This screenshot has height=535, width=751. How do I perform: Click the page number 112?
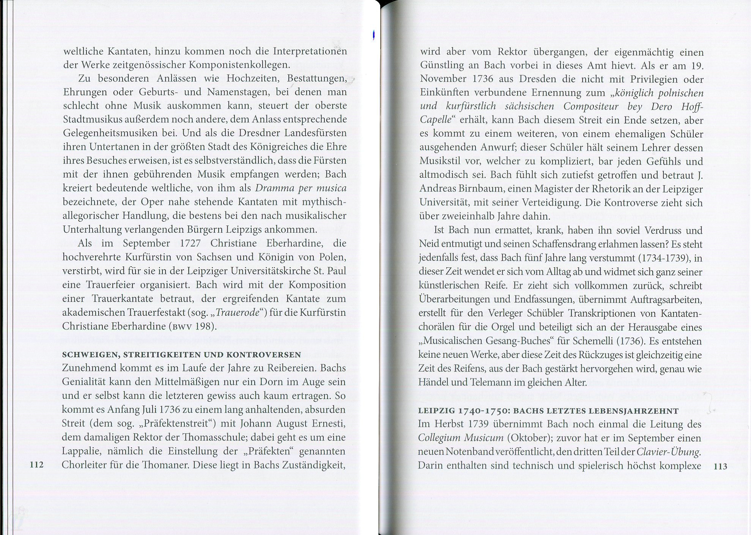36,464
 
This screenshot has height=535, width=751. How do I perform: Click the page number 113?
720,466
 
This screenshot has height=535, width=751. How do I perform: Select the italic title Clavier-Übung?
668,452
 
